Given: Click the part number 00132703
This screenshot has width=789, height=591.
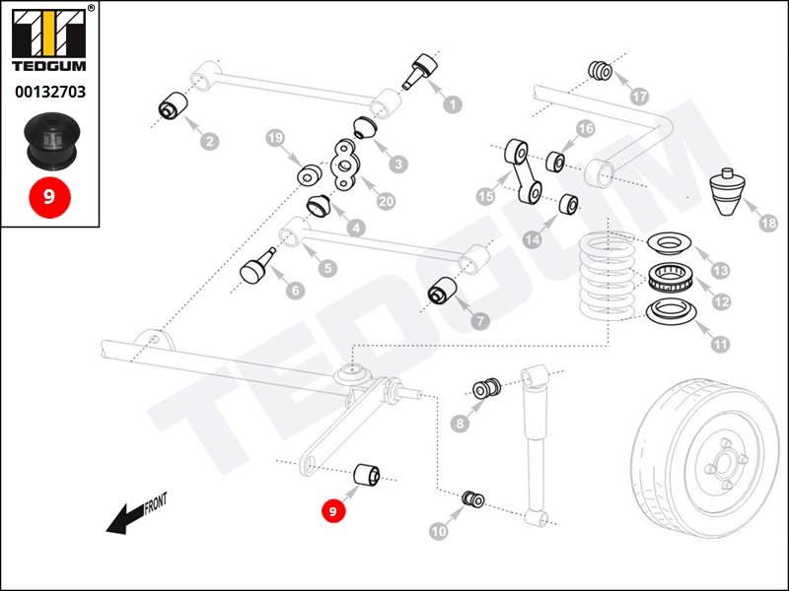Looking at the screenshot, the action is coord(50,92).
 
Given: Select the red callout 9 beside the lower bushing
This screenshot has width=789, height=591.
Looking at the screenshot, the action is coord(332,511).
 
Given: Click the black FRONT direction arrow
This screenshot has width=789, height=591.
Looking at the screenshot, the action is coord(136,512).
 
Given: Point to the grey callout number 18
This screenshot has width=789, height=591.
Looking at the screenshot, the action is coord(768,224).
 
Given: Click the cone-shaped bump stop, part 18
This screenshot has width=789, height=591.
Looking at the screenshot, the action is coord(728,191).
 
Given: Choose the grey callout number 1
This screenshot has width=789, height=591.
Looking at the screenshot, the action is coord(453,104).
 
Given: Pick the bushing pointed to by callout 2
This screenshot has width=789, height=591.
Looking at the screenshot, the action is coord(174,105).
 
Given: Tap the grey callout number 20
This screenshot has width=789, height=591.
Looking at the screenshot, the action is coord(386,202).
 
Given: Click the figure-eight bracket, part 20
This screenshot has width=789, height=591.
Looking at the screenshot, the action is coord(344,165).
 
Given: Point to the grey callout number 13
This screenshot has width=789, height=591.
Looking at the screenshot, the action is coord(720,271).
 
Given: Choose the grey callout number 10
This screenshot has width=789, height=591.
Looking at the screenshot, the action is coord(438,531).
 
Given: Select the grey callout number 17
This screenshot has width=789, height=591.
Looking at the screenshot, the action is coord(639,96).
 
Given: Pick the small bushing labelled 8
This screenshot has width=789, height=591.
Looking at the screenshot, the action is coord(486,388).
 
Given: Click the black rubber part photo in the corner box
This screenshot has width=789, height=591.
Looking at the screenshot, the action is coord(52,141).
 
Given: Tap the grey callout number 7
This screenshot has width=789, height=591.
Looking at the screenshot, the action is coord(479,320).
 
